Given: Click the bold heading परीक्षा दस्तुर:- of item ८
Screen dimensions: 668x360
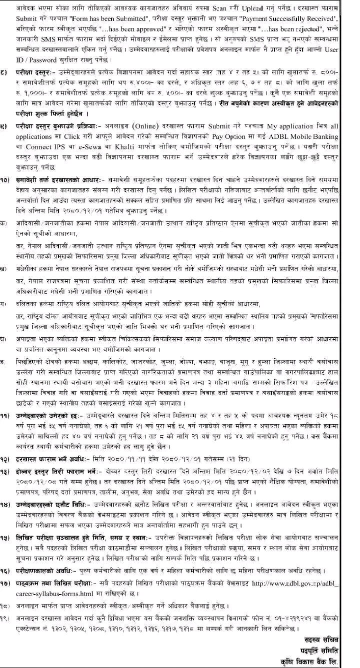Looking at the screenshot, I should [39, 72].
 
